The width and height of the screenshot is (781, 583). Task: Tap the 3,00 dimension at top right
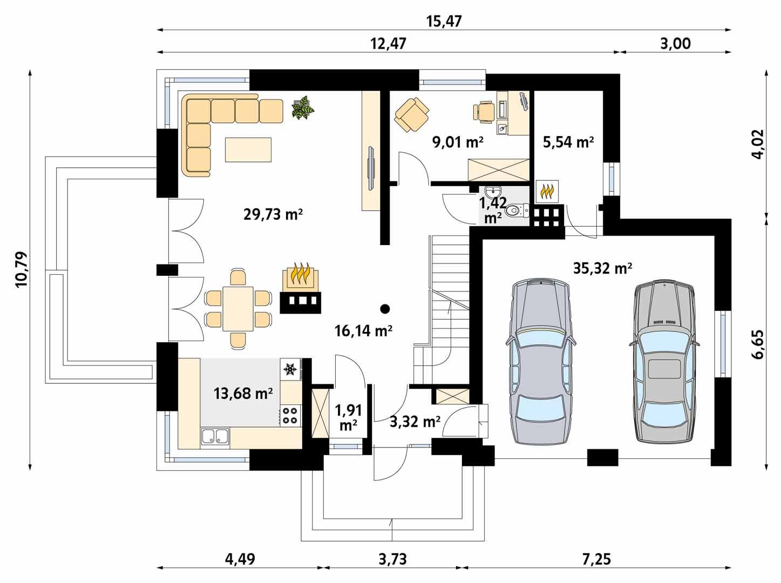pos(675,44)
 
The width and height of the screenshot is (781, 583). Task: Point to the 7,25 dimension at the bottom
pos(596,559)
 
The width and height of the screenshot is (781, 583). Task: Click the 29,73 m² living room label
pos(273,214)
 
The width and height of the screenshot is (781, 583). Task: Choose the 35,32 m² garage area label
pos(602,268)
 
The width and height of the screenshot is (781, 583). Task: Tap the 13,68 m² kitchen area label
pos(243,394)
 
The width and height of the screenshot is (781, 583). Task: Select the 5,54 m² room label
pos(567,142)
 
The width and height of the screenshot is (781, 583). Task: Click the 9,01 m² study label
pos(458,142)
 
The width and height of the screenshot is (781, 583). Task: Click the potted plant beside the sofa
pos(303,107)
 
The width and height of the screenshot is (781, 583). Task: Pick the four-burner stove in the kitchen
pos(290,415)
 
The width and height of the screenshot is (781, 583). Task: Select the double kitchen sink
pos(215,436)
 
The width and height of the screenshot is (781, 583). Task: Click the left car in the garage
pos(540,362)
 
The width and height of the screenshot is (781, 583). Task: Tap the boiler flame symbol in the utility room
pos(547,191)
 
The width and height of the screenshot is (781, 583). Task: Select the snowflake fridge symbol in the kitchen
pos(290,370)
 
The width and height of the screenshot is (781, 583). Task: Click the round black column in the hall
pos(384,309)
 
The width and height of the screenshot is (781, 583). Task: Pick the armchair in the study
pos(412,114)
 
